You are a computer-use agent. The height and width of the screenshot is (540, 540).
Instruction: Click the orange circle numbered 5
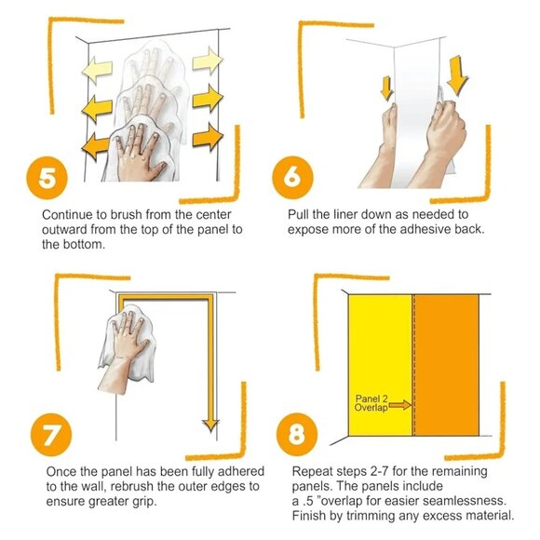click(47, 178)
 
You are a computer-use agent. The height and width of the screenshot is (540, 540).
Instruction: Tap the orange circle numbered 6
click(292, 178)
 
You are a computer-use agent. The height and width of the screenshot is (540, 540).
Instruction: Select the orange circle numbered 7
click(51, 435)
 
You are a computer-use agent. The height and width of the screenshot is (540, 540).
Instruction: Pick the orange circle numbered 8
click(297, 434)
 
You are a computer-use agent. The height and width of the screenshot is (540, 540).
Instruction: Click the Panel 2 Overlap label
click(371, 403)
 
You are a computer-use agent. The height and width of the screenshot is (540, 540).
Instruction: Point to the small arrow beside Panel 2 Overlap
click(399, 405)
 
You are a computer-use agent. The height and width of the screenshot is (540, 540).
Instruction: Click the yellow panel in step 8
click(380, 365)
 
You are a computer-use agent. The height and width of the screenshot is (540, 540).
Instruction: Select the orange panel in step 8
click(447, 365)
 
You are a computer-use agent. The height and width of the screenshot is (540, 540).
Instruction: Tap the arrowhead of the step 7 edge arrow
click(210, 425)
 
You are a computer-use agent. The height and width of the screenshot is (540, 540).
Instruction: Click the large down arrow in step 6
click(457, 75)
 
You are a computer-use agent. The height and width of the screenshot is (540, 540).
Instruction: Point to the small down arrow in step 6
click(386, 88)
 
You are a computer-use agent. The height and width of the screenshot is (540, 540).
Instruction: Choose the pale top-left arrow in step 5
click(97, 70)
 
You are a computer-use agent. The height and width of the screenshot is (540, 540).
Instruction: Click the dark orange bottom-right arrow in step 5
click(208, 136)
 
